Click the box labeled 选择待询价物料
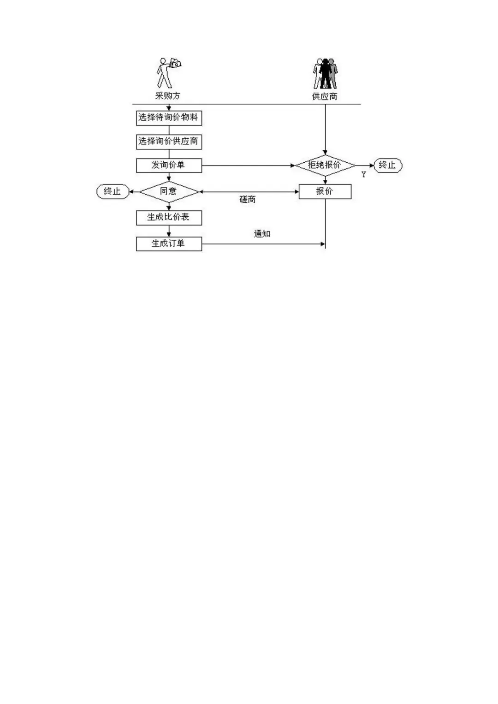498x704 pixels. point(169,118)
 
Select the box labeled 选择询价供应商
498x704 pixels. point(169,142)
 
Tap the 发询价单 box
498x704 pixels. point(169,166)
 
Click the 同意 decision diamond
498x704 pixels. point(169,192)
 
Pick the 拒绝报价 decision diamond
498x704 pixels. point(325,166)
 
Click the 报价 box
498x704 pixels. point(325,192)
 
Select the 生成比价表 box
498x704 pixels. point(169,218)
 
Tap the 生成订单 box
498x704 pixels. point(169,244)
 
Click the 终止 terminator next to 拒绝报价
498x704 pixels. point(388,166)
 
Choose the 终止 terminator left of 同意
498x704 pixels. point(113,192)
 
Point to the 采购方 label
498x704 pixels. point(167,96)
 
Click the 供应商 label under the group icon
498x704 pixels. point(325,96)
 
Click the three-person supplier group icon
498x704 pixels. point(325,74)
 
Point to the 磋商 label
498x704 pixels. point(248,200)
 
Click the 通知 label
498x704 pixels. point(262,234)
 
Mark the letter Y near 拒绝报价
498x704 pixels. point(364,174)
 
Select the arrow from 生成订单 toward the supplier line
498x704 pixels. point(263,244)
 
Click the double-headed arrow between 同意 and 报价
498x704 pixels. point(249,191)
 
